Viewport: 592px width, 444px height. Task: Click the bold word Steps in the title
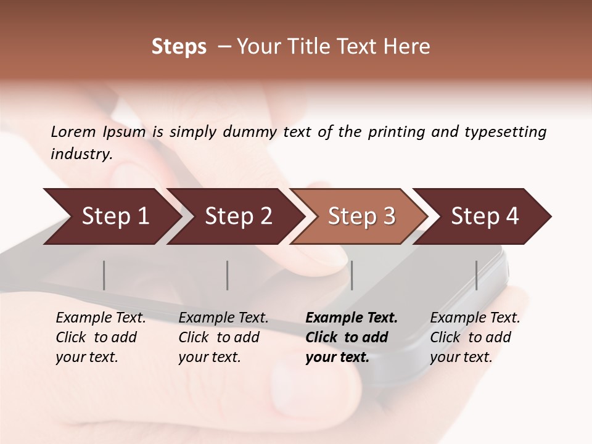click(x=179, y=47)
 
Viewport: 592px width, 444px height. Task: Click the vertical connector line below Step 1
click(x=104, y=275)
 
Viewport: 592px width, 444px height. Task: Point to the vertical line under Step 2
click(x=228, y=275)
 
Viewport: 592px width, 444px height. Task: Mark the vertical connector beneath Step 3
click(x=351, y=275)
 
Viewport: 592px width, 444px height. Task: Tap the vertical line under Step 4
click(x=476, y=275)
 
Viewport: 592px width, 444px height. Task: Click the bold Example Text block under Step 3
click(x=351, y=337)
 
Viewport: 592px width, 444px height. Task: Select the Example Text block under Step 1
click(x=101, y=337)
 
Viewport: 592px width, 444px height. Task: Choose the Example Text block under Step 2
click(x=223, y=337)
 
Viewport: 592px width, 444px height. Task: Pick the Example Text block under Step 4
click(x=475, y=337)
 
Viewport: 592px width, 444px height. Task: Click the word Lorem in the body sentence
click(x=73, y=131)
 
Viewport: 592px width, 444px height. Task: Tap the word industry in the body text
click(x=81, y=154)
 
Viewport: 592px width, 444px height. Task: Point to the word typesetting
click(x=505, y=131)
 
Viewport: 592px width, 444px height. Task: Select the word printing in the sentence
click(x=396, y=131)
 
